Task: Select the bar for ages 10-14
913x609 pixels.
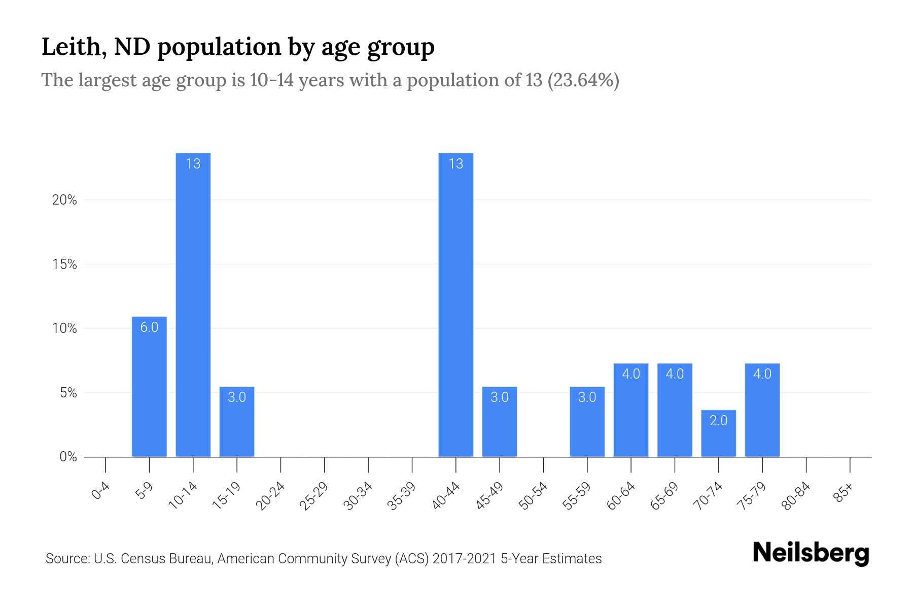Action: point(193,304)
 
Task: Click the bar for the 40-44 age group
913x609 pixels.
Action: point(455,304)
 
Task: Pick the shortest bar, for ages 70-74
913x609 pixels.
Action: point(718,433)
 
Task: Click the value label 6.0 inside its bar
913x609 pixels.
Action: point(149,327)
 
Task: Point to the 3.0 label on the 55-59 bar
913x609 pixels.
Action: point(587,397)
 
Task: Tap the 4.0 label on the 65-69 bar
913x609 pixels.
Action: point(675,374)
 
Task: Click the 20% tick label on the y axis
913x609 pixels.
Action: point(64,200)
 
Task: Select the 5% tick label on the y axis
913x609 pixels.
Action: point(67,393)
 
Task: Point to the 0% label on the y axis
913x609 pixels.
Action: point(67,457)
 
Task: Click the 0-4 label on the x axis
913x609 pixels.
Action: point(101,491)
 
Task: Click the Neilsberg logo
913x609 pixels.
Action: point(811,553)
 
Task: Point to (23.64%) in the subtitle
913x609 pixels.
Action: point(583,80)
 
